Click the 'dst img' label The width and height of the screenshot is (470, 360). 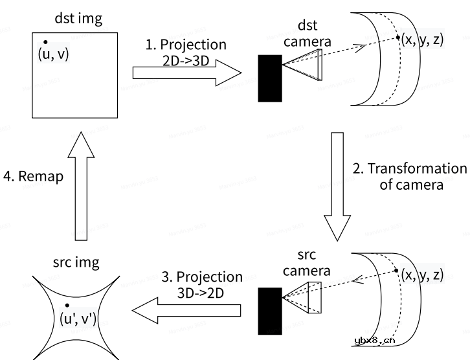click(75, 19)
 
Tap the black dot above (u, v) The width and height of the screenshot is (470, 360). click(45, 42)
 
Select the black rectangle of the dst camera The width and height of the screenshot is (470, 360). click(270, 78)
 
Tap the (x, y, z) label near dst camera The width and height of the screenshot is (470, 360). click(422, 39)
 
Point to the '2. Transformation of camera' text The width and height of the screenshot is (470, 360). click(409, 177)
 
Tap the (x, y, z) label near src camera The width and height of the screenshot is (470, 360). click(422, 275)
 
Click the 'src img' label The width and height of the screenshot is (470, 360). click(75, 262)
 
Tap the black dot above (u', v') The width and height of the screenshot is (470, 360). click(67, 305)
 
